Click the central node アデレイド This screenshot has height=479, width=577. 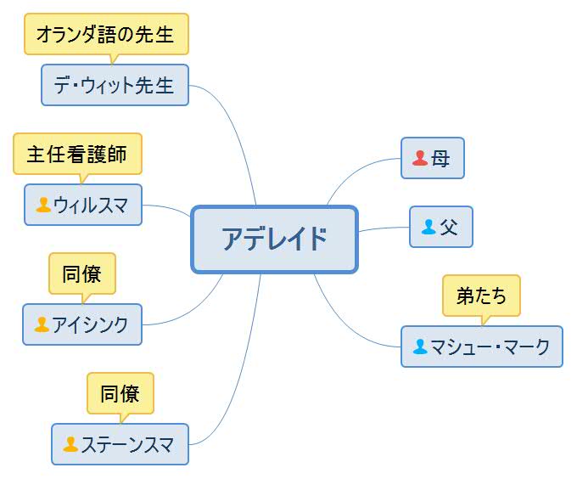coord(274,239)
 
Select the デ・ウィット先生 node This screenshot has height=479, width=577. coord(115,85)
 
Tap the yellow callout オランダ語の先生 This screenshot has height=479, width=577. coord(106,35)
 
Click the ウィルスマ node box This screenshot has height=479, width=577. coord(83,205)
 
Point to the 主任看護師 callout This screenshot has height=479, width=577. coord(77,154)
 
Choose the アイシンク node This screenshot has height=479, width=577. coord(82,324)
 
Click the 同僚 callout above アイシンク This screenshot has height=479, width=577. coord(82,273)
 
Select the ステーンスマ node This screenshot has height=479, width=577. coord(120,444)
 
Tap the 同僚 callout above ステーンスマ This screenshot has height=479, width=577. coord(120,393)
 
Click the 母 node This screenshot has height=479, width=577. coord(433,158)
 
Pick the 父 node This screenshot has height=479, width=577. coord(440,227)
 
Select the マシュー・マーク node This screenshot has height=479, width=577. coord(481,347)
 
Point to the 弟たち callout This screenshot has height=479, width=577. coord(481,296)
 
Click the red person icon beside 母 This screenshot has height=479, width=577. coord(420,158)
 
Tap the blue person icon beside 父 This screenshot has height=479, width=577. coord(429,227)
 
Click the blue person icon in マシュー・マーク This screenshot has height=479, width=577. coord(420,347)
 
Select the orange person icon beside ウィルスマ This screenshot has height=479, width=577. coord(43,205)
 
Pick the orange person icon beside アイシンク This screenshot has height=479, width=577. coord(42,324)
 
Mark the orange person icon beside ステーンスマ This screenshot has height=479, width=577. coord(70,444)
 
